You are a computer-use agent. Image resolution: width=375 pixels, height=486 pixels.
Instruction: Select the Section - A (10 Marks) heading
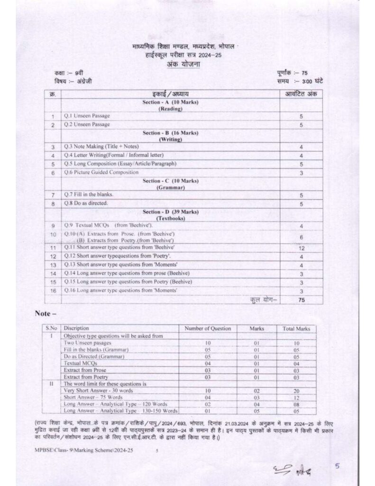[170, 103]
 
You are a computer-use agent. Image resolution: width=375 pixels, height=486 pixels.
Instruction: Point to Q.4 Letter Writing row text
[114, 155]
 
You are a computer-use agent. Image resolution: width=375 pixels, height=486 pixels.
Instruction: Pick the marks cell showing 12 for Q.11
[301, 248]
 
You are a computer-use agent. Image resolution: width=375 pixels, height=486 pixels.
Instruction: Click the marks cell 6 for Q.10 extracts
[301, 237]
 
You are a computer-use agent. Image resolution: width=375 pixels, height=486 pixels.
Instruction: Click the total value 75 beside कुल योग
[301, 300]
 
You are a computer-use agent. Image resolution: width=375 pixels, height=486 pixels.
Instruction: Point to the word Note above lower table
[46, 314]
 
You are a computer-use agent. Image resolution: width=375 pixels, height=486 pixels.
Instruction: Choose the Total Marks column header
[296, 328]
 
